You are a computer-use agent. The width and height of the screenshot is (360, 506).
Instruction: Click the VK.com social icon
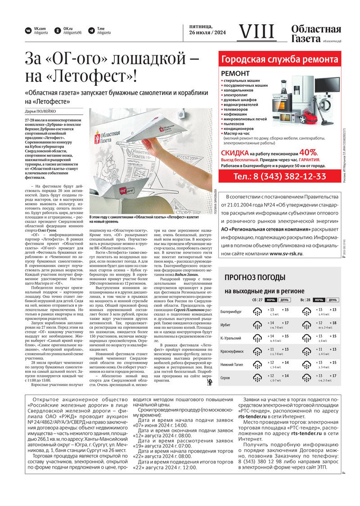click(x=28, y=31)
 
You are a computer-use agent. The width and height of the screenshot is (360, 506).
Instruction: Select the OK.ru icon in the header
click(x=58, y=31)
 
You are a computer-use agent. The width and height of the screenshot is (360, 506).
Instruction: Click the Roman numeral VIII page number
click(x=256, y=31)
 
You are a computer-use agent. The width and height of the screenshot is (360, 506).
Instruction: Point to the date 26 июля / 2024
click(x=207, y=33)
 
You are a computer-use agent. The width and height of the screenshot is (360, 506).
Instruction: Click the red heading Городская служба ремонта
click(x=279, y=59)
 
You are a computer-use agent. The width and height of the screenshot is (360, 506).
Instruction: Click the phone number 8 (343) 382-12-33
click(x=279, y=176)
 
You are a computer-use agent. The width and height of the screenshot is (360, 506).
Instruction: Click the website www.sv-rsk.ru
click(x=286, y=254)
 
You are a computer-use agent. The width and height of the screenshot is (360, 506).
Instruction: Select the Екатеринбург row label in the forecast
click(x=231, y=311)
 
